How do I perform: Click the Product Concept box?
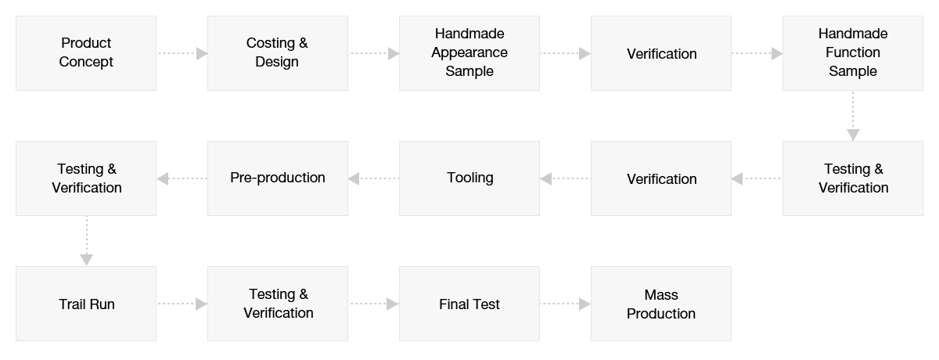point(86,53)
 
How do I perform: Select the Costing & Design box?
point(278,53)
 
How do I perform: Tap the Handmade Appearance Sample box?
point(469,53)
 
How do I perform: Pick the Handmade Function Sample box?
point(853,53)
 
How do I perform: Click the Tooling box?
point(469,178)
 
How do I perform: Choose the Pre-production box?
point(278,178)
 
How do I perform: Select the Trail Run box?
point(86,304)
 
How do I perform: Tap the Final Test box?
point(469,304)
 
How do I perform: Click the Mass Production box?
point(661,304)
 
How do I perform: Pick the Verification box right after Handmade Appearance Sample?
point(661,53)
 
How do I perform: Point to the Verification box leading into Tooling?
point(661,178)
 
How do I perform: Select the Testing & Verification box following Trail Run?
point(278,304)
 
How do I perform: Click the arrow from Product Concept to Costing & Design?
point(182,53)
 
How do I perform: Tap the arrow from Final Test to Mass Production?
point(566,304)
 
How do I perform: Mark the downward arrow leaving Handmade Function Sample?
point(853,116)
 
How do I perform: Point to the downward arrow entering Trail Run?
point(86,241)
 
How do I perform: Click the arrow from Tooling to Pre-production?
point(373,178)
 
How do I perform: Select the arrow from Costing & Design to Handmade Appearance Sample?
point(374,53)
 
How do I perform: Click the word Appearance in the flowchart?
point(469,53)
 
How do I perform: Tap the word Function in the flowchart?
point(853,52)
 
